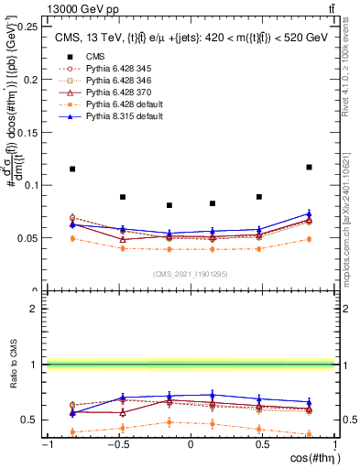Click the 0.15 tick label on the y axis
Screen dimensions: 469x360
click(x=29, y=132)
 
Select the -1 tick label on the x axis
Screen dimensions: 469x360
click(x=46, y=444)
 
